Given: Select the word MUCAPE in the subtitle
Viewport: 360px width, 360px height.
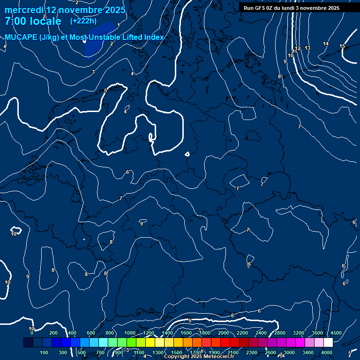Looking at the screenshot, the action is click(21, 37).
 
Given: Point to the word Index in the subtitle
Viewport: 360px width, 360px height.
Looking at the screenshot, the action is click(154, 37).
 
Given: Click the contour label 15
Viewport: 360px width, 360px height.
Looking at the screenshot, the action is click(342, 46).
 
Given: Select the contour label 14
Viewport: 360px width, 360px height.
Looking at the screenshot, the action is click(326, 44).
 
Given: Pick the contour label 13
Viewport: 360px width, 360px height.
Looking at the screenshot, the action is click(307, 48).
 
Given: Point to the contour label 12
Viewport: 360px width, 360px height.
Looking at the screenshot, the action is click(298, 48).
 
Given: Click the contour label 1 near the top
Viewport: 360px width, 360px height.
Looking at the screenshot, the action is click(119, 25).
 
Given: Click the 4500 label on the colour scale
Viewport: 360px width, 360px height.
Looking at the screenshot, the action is click(336, 333).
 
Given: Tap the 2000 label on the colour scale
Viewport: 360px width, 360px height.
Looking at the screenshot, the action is click(224, 333).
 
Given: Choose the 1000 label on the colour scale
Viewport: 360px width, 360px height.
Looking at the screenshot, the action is click(130, 333).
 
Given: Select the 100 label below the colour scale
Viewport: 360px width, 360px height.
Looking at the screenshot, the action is click(44, 352).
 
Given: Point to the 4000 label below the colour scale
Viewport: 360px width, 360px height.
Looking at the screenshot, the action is click(327, 352).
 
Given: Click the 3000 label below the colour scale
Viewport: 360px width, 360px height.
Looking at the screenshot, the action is click(289, 352).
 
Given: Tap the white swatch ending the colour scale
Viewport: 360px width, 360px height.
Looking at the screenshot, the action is click(328, 343).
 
